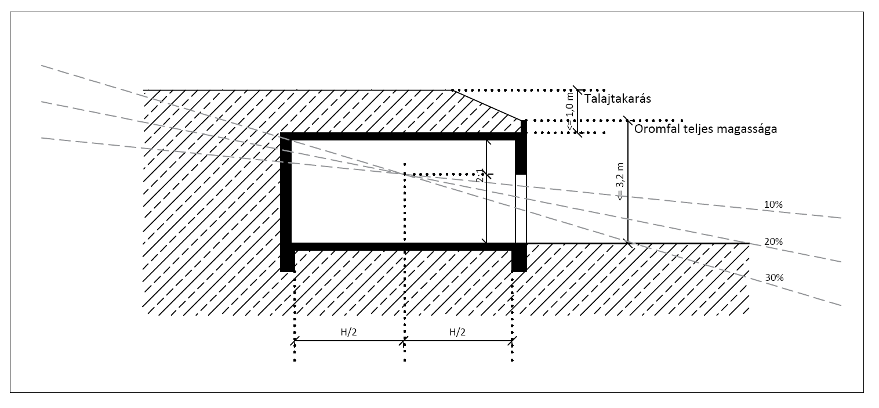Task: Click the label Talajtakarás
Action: click(618, 99)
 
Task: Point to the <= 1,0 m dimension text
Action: click(571, 110)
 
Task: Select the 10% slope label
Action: click(773, 205)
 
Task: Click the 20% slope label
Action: click(773, 241)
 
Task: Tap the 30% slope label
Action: click(774, 277)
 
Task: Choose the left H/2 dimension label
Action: click(349, 332)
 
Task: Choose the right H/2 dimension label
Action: click(457, 332)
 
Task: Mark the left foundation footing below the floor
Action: click(288, 260)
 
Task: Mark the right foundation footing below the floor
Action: click(519, 260)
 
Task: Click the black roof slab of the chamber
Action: click(400, 136)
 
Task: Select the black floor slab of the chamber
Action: click(400, 246)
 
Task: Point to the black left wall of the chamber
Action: click(286, 192)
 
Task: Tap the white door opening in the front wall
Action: click(521, 209)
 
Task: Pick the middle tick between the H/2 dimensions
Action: click(404, 341)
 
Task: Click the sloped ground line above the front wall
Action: click(487, 104)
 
